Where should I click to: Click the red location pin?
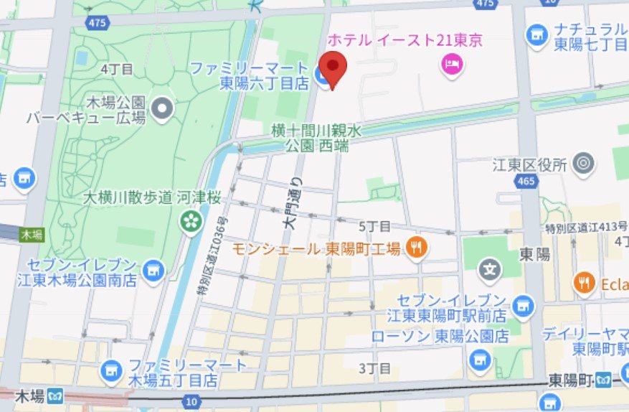click(332, 68)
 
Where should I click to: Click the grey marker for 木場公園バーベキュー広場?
click(164, 109)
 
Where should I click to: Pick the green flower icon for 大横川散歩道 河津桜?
click(191, 220)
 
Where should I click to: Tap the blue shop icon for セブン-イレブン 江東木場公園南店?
click(153, 270)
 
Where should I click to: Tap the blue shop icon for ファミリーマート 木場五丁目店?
click(110, 370)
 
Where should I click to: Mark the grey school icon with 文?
click(490, 271)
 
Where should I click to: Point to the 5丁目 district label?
click(375, 227)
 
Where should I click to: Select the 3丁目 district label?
click(375, 369)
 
